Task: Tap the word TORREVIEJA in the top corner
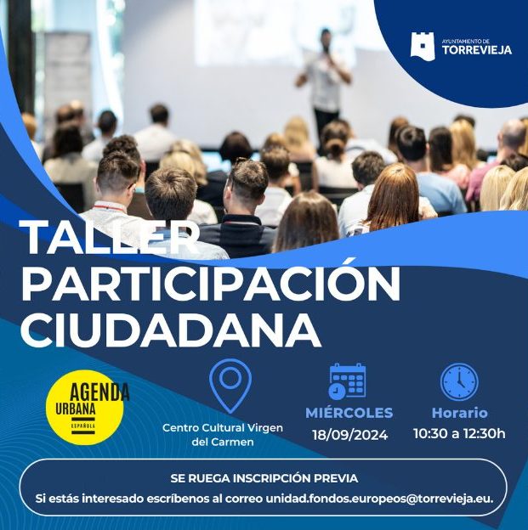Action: [477, 50]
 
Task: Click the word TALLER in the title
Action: [110, 237]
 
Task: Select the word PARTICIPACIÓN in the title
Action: [211, 283]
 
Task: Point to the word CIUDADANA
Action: [171, 330]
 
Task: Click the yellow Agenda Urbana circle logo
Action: [85, 408]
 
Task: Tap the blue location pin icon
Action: [230, 386]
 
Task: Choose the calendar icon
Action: [347, 381]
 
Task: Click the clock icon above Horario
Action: [459, 382]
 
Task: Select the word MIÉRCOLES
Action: [349, 413]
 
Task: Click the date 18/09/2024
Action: [350, 435]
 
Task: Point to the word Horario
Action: [460, 413]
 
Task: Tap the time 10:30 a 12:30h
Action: [459, 433]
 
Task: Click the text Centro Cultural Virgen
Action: [223, 427]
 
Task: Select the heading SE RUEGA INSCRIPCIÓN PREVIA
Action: [264, 478]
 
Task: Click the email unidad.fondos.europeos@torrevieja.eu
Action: [379, 499]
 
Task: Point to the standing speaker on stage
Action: [324, 84]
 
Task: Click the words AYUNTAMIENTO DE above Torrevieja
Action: [466, 42]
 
